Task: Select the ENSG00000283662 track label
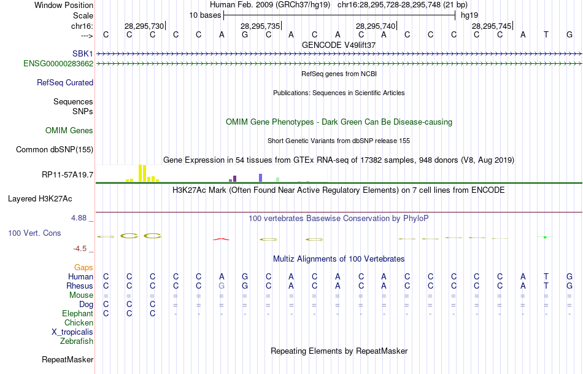click(x=58, y=63)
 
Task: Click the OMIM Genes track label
click(x=69, y=130)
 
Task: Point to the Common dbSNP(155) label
click(x=55, y=149)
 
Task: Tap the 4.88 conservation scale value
click(x=80, y=217)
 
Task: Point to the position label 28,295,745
click(x=491, y=26)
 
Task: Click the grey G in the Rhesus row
click(x=222, y=286)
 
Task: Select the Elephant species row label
click(x=77, y=313)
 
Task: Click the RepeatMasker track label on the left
click(x=68, y=359)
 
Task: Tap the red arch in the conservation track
click(x=221, y=239)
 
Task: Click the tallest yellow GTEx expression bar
click(x=141, y=173)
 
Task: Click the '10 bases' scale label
click(x=205, y=15)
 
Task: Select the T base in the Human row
click(x=546, y=276)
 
